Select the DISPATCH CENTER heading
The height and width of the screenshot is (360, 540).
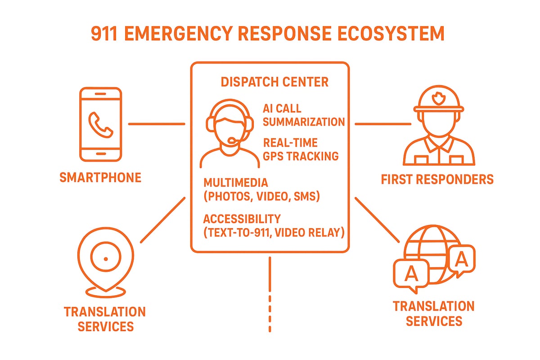[x=274, y=82]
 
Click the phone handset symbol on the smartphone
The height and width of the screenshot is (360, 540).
[x=100, y=125]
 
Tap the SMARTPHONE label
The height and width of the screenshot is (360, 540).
[x=100, y=178]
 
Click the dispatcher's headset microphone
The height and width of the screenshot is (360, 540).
[x=232, y=141]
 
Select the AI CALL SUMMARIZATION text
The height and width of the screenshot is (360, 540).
[x=304, y=115]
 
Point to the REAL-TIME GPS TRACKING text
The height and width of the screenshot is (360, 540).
[x=301, y=149]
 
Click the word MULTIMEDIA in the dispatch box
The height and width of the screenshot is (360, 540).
[x=236, y=183]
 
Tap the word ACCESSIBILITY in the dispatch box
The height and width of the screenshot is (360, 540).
[x=242, y=219]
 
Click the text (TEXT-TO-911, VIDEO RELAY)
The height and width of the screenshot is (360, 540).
[x=274, y=233]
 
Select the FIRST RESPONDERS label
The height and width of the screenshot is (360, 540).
[x=437, y=180]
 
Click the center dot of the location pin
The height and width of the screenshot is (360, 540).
[x=105, y=258]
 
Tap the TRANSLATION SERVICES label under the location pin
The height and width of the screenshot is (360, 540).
[x=105, y=319]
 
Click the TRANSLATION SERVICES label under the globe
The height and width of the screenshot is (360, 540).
[x=433, y=314]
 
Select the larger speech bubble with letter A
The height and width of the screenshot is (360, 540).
[x=411, y=273]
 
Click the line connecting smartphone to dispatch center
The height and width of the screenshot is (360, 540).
[x=156, y=123]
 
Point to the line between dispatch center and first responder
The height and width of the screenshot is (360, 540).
[x=382, y=123]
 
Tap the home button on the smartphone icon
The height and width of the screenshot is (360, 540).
[x=100, y=153]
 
